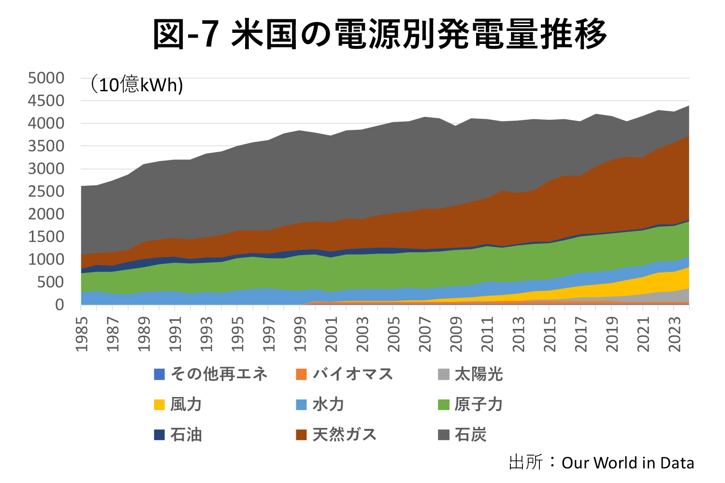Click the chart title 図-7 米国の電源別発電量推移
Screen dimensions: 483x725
click(x=379, y=34)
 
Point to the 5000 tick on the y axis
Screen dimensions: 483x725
click(x=46, y=78)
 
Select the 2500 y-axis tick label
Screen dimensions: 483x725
click(x=46, y=191)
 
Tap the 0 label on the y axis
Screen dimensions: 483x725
click(x=59, y=305)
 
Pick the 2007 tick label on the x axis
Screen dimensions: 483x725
click(x=425, y=334)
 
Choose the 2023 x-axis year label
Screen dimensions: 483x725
click(x=674, y=334)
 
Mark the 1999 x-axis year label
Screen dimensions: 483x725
click(x=300, y=334)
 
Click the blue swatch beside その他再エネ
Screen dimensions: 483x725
click(x=159, y=374)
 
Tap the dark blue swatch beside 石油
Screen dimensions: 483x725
click(x=159, y=435)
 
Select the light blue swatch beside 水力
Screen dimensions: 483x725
click(x=302, y=405)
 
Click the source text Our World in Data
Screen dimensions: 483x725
click(x=627, y=463)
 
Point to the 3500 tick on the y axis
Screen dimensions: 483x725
click(x=46, y=146)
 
